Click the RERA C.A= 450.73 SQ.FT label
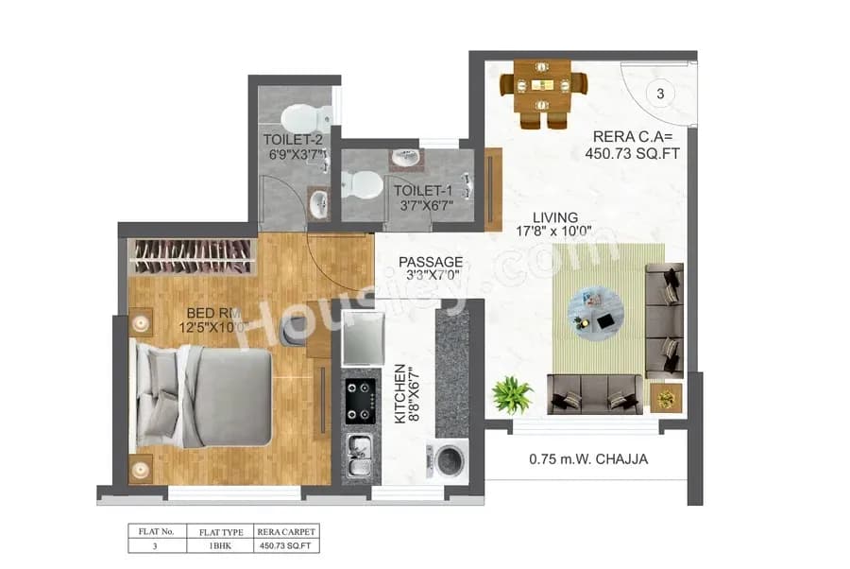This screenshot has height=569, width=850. (x=632, y=144)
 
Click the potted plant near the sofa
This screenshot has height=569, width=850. (x=512, y=393)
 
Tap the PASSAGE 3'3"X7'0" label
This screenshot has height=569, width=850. (x=431, y=268)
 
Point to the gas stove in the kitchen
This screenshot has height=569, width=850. (x=359, y=401)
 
